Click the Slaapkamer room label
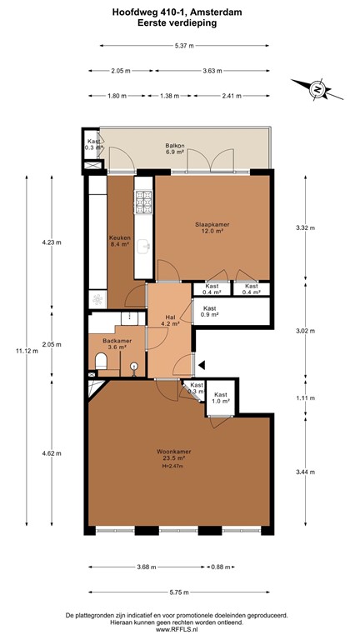pos(212,227)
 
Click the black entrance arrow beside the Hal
pos(200,363)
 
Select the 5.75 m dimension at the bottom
pos(180,592)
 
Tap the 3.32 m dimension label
pos(307,227)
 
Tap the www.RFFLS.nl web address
pos(180,630)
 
